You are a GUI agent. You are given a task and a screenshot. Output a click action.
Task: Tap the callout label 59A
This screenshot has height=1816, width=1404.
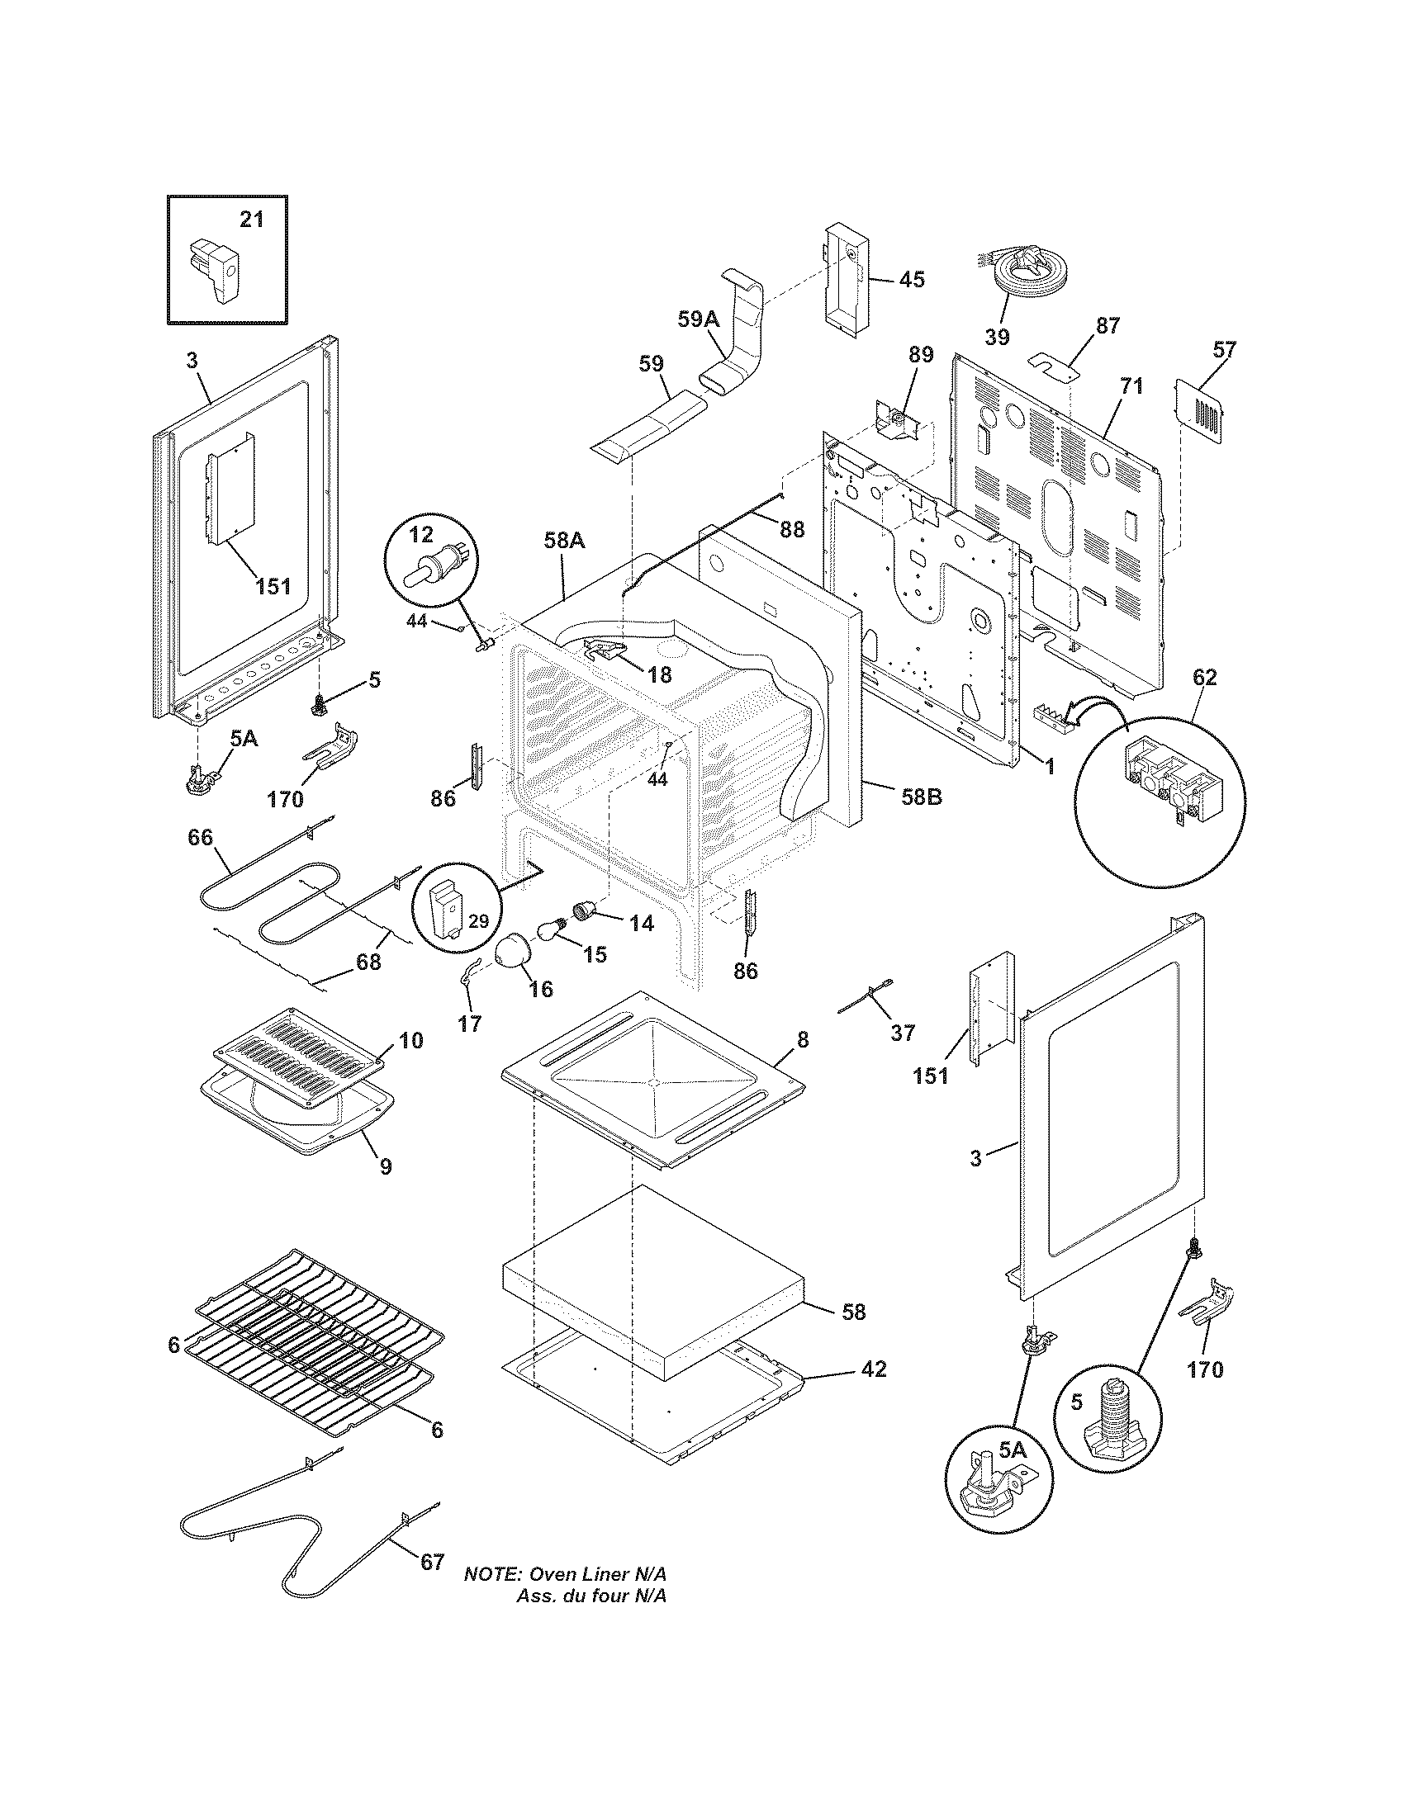[x=697, y=320]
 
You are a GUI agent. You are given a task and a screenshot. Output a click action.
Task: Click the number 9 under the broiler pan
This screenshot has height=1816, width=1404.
[x=385, y=1167]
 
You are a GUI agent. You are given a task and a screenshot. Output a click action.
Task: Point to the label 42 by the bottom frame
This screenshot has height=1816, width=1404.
[x=873, y=1369]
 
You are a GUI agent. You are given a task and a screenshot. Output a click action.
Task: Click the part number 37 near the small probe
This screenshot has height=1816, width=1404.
[x=902, y=1033]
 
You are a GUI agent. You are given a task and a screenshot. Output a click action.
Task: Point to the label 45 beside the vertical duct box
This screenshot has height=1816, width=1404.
[x=912, y=279]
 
